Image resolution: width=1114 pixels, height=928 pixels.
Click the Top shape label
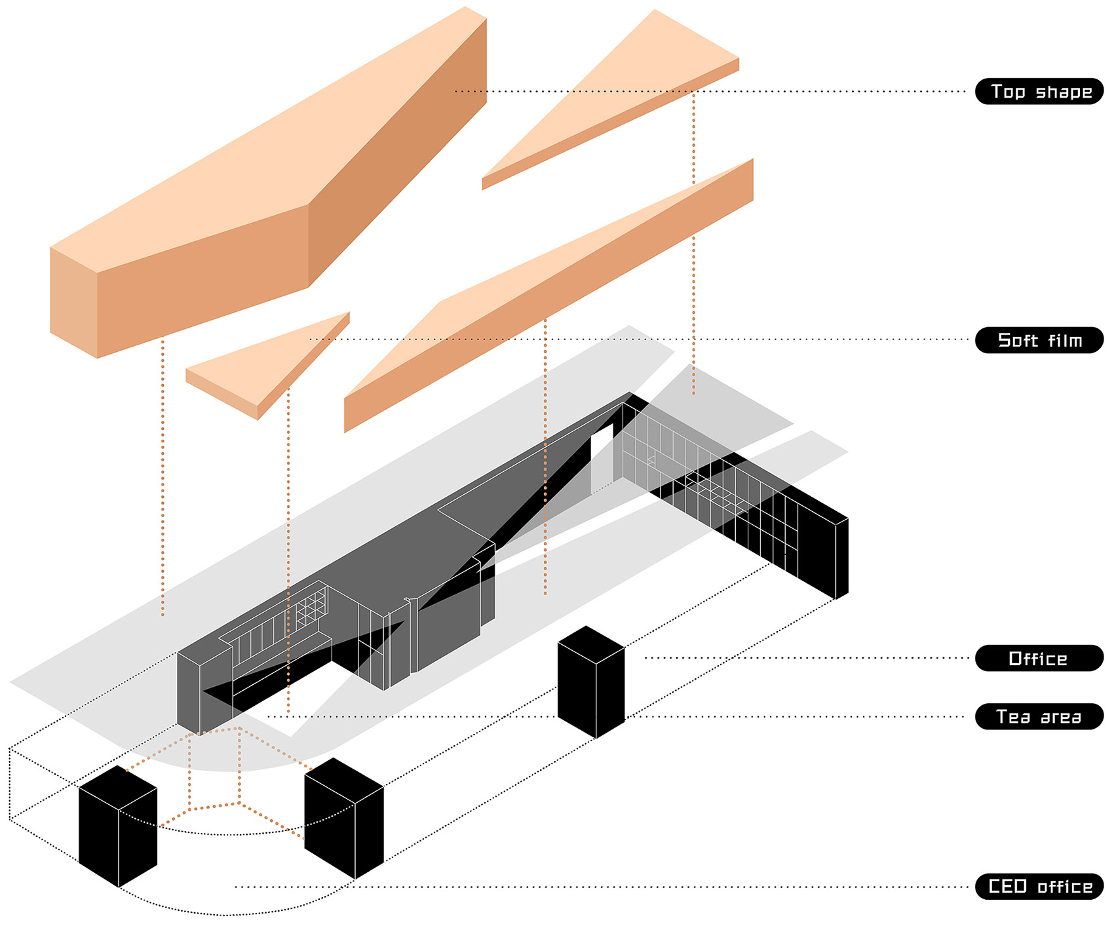pos(1039,91)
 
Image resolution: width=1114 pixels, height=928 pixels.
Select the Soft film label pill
pos(1039,340)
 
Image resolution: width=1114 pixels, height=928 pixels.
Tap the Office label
pos(1039,658)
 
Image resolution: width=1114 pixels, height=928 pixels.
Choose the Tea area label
pos(1039,716)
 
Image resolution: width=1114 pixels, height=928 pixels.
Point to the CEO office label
pos(1039,886)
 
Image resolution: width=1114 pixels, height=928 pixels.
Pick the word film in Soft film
pos(1064,340)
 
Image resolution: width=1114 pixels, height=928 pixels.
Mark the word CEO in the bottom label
pos(1007,886)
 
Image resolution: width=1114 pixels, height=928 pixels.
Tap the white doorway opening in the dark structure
pos(602,459)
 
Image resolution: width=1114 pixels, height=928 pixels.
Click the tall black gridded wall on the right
pos(819,544)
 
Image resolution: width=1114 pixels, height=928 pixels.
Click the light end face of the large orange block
pos(73,301)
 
